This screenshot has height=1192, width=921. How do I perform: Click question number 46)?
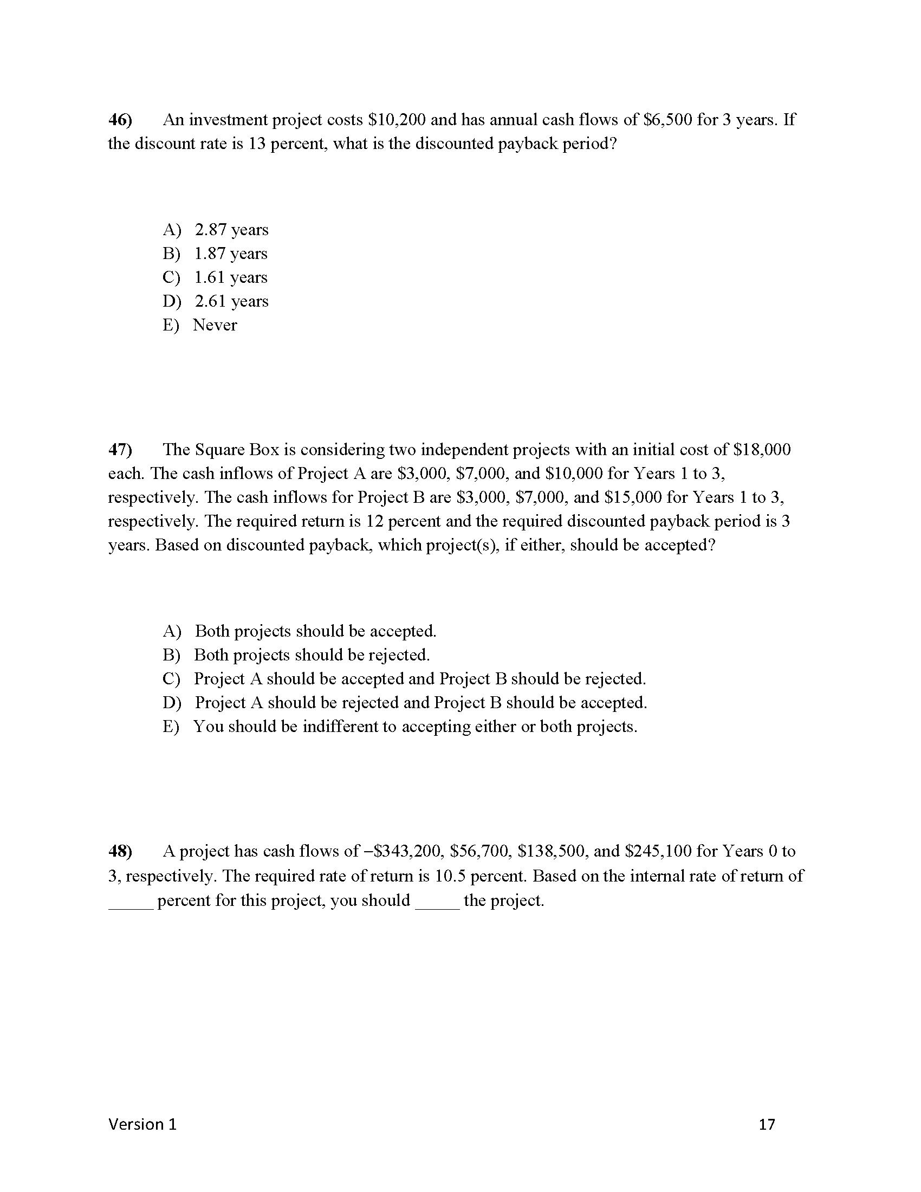pos(120,120)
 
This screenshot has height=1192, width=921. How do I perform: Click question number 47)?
pos(120,449)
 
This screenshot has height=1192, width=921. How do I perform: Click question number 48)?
pos(120,851)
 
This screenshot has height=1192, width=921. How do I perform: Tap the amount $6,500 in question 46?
pos(667,120)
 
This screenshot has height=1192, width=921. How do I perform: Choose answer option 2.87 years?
pos(231,230)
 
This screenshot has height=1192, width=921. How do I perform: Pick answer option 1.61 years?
pos(231,277)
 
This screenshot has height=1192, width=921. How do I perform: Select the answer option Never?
pos(215,325)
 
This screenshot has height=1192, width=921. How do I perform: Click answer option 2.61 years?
pos(231,301)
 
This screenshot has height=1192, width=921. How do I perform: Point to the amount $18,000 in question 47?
pos(762,449)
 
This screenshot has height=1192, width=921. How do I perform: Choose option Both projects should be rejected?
pos(312,655)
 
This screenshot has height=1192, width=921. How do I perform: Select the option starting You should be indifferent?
pos(414,727)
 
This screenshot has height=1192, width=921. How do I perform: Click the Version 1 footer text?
pos(142,1124)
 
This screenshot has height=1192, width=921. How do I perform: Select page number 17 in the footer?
pos(767,1124)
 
